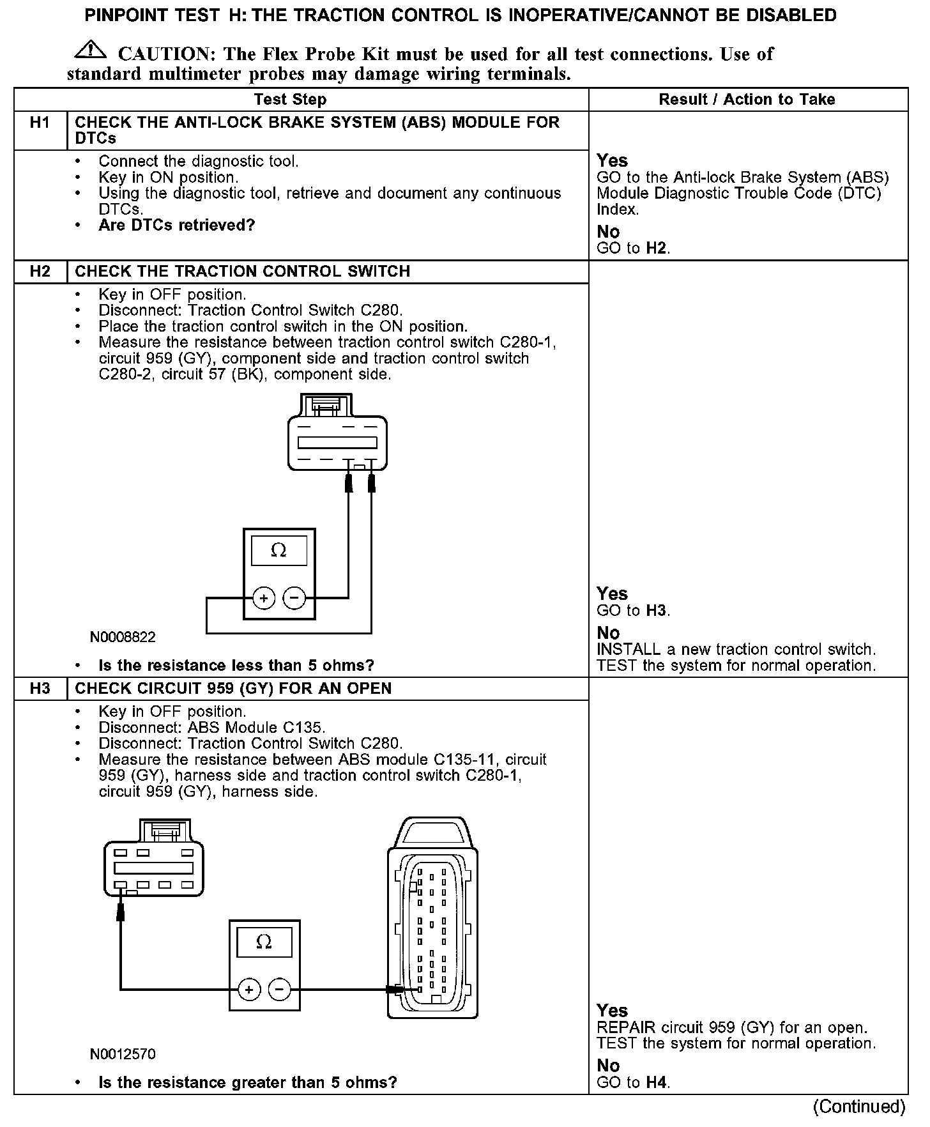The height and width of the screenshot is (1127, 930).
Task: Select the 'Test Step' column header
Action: (290, 100)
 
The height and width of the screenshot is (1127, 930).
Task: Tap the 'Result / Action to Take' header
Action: (747, 100)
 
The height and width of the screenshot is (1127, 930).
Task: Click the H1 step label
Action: (40, 122)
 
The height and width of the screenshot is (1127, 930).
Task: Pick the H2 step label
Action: (40, 272)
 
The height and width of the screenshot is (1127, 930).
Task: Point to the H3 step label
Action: (40, 689)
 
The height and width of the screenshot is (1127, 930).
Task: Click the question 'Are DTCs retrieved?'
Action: (176, 226)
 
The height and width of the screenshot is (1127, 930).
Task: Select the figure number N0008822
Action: (123, 637)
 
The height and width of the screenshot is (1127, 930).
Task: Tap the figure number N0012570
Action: (123, 1054)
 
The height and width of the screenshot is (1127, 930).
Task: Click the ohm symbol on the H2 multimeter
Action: (278, 551)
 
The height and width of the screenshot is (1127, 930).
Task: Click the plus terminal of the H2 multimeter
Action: (263, 598)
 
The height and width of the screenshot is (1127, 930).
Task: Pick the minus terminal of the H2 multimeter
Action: (294, 598)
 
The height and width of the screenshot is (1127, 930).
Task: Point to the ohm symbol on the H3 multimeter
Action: (264, 942)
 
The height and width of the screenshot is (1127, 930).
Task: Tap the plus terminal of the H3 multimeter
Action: (249, 990)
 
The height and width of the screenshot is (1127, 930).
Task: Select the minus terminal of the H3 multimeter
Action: (279, 990)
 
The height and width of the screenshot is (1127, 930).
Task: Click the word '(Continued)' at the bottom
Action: (859, 1107)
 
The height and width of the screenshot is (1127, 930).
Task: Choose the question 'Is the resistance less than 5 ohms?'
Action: (236, 666)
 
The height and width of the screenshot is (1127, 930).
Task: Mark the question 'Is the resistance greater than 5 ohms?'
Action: (247, 1082)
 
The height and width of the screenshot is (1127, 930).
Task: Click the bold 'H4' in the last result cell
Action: (656, 1082)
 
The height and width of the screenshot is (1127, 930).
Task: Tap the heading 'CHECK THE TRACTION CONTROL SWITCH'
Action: (242, 272)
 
